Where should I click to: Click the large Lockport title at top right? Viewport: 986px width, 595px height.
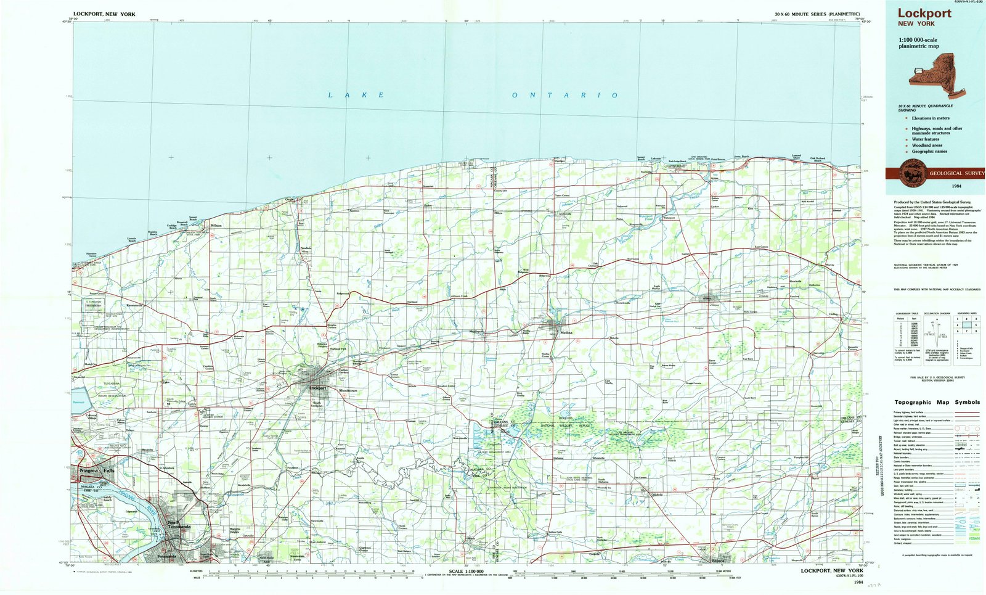[924, 13]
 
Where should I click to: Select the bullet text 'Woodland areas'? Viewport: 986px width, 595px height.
[927, 146]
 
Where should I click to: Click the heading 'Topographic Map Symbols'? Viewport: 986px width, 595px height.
[937, 402]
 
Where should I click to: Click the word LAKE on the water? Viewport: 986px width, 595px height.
[356, 95]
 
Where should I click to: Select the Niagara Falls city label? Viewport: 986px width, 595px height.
[97, 470]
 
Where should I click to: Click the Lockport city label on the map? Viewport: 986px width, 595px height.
[317, 388]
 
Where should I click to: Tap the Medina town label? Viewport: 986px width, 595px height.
[566, 332]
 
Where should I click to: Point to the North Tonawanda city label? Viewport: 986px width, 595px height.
[179, 525]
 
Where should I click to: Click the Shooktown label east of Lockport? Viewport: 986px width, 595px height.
[348, 390]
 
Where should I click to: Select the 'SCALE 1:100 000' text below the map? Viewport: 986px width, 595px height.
[467, 572]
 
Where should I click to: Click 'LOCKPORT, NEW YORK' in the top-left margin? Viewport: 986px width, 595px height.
[104, 14]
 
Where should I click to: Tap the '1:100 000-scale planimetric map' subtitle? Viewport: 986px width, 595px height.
[918, 43]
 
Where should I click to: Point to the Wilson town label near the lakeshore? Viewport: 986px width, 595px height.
[216, 226]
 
